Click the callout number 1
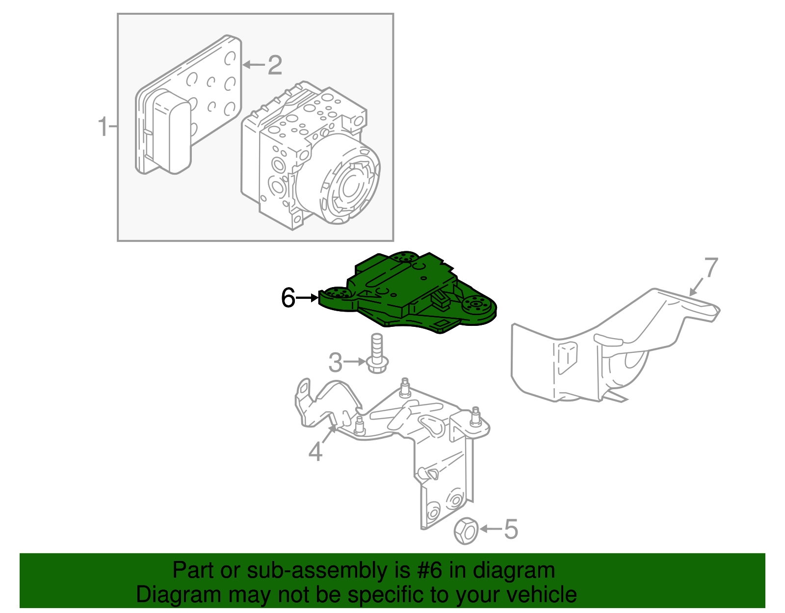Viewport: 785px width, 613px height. (x=102, y=127)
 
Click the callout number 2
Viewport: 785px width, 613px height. (x=275, y=65)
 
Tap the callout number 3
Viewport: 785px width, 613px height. (x=335, y=363)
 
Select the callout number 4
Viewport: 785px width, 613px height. (x=315, y=451)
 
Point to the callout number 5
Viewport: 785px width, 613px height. (x=511, y=529)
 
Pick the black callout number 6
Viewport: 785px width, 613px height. (x=288, y=297)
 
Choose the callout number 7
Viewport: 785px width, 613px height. (x=711, y=268)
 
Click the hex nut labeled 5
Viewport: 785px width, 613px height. (x=466, y=531)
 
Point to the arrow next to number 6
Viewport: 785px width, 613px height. (x=308, y=297)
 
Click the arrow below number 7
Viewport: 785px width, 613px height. (x=696, y=287)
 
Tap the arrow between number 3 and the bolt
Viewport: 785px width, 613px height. (x=354, y=362)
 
